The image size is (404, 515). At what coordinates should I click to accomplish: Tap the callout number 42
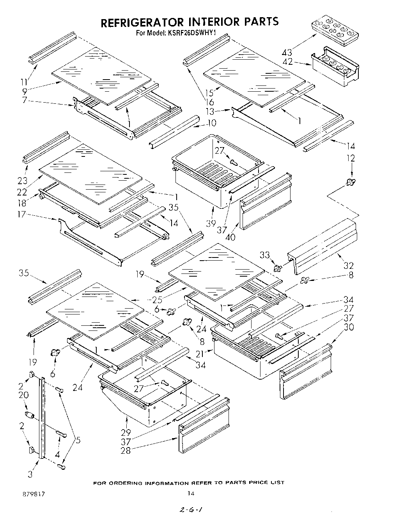287,62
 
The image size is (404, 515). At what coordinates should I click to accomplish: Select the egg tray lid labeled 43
334,30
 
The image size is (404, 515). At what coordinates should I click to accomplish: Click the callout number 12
351,158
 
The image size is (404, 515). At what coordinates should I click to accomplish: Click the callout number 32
348,266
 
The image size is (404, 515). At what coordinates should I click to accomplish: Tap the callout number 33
265,255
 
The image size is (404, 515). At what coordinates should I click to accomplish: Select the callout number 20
24,395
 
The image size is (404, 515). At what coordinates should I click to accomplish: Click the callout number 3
30,474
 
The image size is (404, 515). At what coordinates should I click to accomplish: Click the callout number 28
126,451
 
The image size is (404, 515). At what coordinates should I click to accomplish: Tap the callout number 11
25,82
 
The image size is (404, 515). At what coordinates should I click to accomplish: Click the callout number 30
349,327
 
